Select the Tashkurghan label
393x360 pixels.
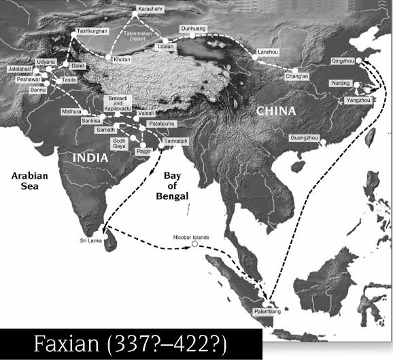point(92,31)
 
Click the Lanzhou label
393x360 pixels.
point(269,52)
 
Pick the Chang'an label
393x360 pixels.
point(296,76)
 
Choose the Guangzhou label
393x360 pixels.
point(303,138)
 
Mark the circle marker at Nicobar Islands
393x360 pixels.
point(194,245)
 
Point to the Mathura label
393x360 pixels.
point(71,111)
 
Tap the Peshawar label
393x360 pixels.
point(29,79)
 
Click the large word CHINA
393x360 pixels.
point(275,111)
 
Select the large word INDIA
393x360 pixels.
point(91,158)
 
